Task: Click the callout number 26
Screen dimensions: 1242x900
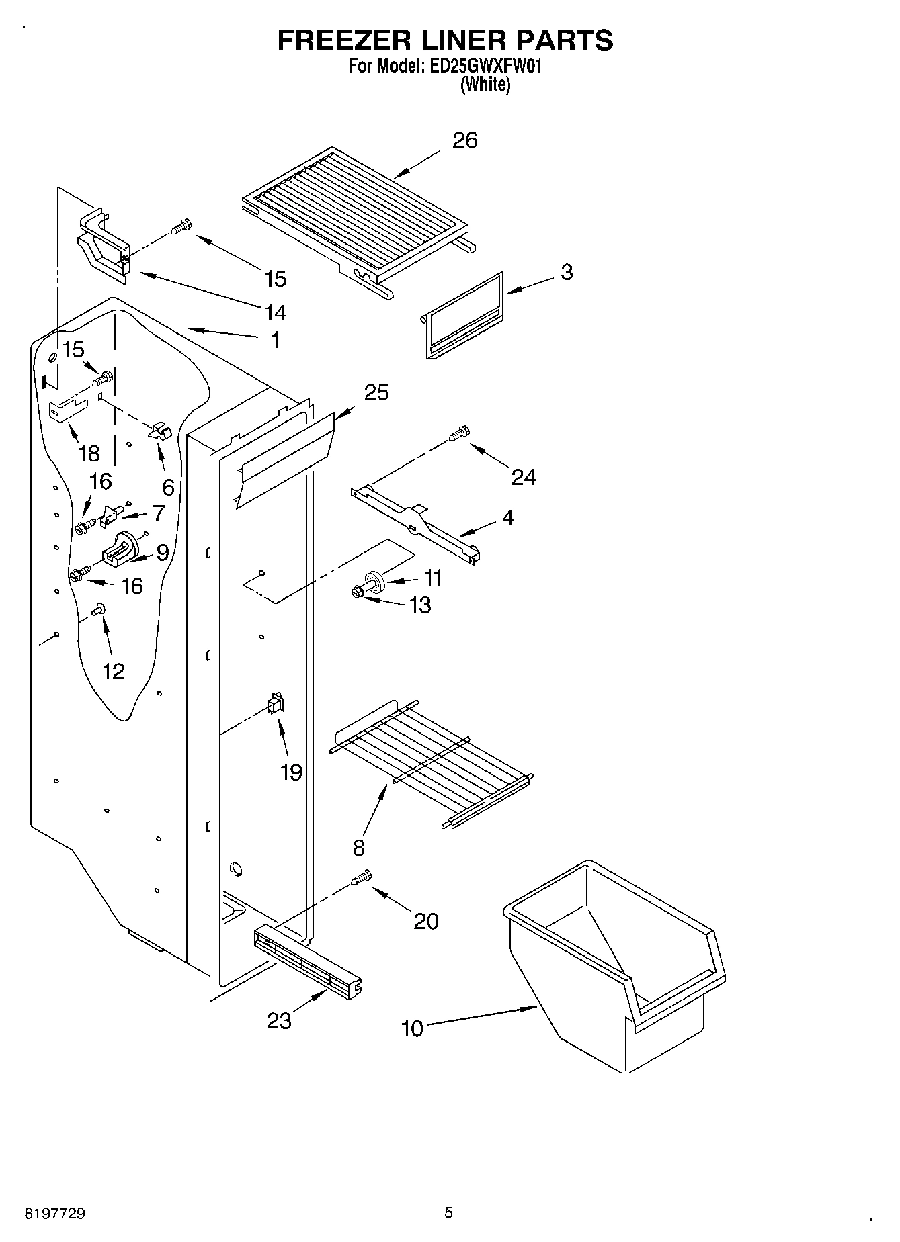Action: (x=464, y=140)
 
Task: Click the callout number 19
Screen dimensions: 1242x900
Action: (x=291, y=772)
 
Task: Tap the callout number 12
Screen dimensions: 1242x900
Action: (x=113, y=670)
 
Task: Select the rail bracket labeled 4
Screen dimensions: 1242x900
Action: (x=416, y=524)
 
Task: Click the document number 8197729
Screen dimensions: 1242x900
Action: (x=54, y=1214)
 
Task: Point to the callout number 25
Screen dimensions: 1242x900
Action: (x=376, y=392)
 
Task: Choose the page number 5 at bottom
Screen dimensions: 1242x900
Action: (x=448, y=1213)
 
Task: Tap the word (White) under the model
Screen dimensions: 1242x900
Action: (x=485, y=85)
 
